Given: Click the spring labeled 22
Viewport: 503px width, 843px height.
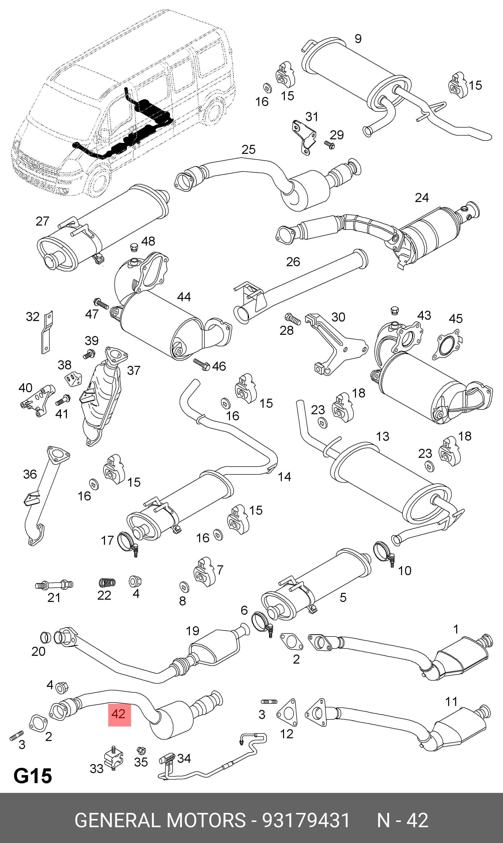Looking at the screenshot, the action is tap(107, 583).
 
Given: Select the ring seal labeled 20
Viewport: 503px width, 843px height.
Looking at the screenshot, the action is tap(46, 638).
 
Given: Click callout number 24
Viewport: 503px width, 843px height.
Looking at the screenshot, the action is tap(422, 197).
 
